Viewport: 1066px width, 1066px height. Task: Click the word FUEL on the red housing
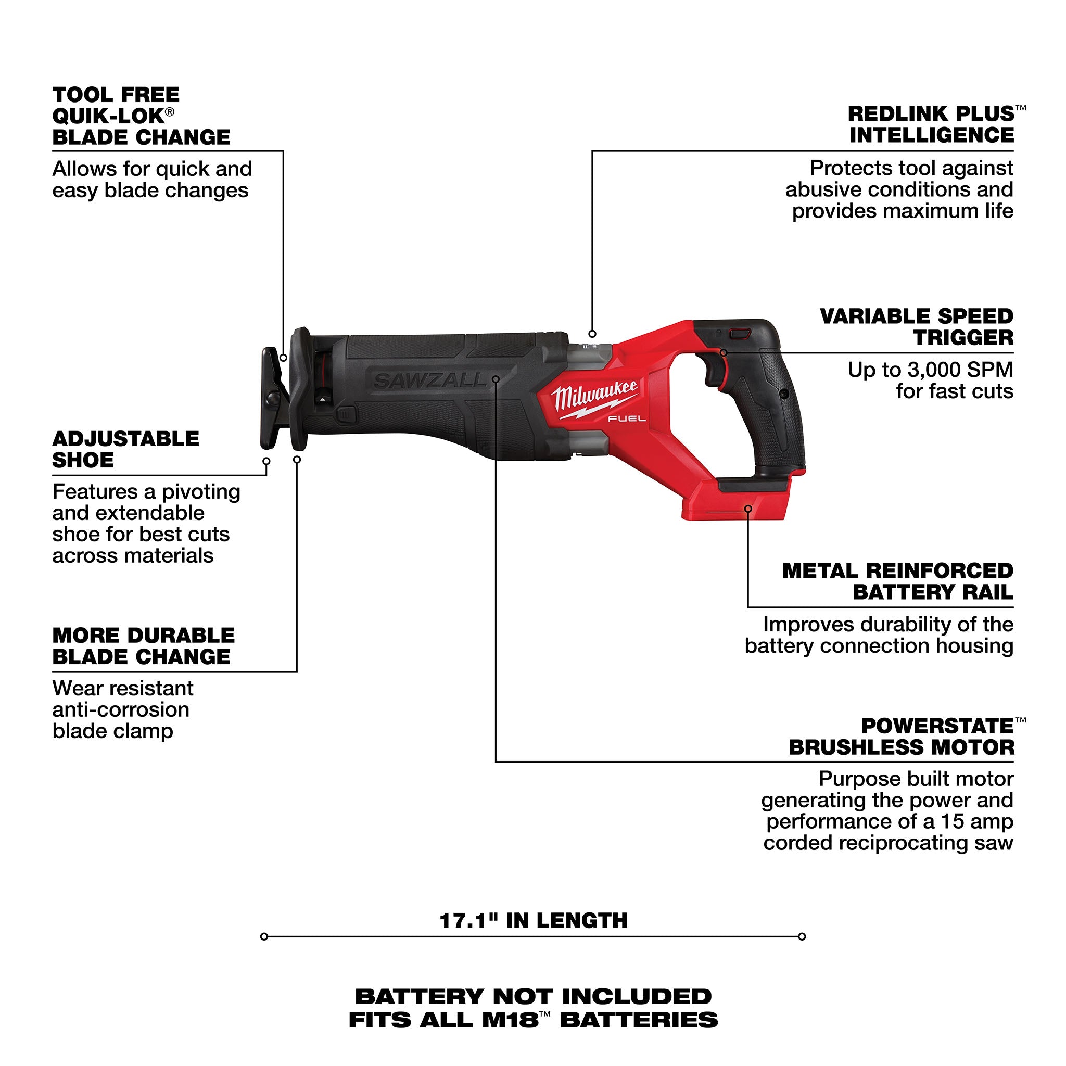click(x=627, y=419)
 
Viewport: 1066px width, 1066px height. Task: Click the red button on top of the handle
click(x=739, y=334)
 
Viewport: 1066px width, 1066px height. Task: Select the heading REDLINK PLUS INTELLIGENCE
click(x=931, y=125)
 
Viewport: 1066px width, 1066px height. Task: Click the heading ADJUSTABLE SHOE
click(x=125, y=449)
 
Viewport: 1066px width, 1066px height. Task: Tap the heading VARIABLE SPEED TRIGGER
click(x=917, y=327)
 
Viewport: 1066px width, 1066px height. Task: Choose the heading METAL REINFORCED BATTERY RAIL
click(x=898, y=581)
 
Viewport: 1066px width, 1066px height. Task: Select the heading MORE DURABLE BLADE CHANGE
click(x=144, y=645)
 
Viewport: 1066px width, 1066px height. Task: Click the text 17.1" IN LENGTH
click(x=533, y=920)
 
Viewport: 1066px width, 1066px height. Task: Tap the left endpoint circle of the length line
click(x=264, y=936)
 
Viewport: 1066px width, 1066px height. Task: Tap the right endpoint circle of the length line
click(x=802, y=936)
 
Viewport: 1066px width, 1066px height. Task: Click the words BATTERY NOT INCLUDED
click(x=533, y=996)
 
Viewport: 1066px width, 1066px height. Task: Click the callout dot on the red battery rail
click(x=748, y=509)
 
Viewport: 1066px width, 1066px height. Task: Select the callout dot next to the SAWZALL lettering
click(x=496, y=379)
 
